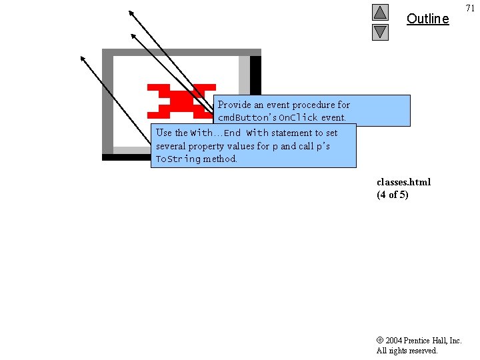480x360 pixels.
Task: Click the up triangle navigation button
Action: (x=380, y=12)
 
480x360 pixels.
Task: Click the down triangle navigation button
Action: (x=380, y=31)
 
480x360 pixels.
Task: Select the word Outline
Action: (x=427, y=19)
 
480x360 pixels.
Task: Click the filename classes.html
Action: (x=403, y=182)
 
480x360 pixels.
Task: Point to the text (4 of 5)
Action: (x=392, y=195)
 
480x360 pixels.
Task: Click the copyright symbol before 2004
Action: (x=379, y=341)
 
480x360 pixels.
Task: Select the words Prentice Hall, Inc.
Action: (x=432, y=341)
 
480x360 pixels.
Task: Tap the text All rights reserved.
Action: (x=407, y=351)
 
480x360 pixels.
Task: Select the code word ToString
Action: (x=177, y=159)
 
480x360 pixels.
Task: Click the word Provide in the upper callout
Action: (x=234, y=105)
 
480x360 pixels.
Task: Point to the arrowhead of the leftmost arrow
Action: (x=83, y=58)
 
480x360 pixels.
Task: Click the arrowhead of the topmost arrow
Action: (x=131, y=12)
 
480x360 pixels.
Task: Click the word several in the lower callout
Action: (x=171, y=146)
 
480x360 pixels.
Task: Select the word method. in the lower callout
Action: (x=220, y=159)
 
